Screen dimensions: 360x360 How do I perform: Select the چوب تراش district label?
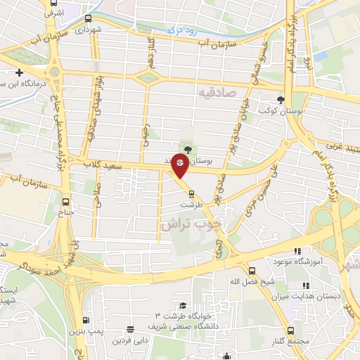pyautogui.click(x=190, y=225)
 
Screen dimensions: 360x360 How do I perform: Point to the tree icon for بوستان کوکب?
pyautogui.click(x=281, y=99)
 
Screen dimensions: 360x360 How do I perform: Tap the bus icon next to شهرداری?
pyautogui.click(x=88, y=19)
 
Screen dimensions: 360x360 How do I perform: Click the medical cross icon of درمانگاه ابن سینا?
pyautogui.click(x=19, y=72)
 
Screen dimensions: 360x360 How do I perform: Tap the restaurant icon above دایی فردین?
pyautogui.click(x=129, y=329)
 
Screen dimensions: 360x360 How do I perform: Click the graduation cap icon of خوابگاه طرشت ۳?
pyautogui.click(x=183, y=305)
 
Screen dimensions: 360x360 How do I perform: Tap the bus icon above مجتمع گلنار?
pyautogui.click(x=290, y=330)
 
